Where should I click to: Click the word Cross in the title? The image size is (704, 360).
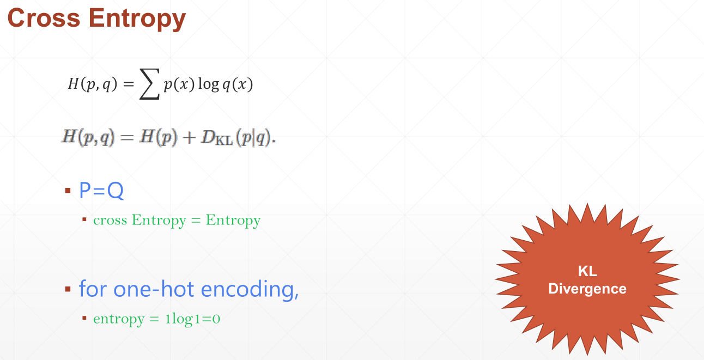[44, 18]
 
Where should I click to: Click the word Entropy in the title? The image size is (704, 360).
[137, 20]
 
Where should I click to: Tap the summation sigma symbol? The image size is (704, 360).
[150, 84]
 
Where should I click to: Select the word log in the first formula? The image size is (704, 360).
[208, 85]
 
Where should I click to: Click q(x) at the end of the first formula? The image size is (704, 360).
[238, 84]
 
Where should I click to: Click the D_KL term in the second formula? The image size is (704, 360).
[217, 138]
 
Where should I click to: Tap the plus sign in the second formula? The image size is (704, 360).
[189, 138]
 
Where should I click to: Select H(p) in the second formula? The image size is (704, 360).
[159, 138]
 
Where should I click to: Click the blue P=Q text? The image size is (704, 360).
[101, 190]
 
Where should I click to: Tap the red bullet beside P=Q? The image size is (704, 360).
[68, 191]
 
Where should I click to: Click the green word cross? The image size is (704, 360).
[110, 220]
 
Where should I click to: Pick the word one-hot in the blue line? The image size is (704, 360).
[154, 289]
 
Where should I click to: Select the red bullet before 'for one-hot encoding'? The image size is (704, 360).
[68, 289]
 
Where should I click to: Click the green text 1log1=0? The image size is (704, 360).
[192, 319]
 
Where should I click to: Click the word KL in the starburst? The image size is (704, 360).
[587, 271]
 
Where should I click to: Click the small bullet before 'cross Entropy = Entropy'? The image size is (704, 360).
[84, 219]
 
